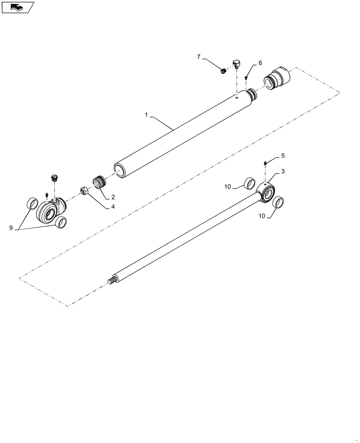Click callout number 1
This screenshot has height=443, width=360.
146,115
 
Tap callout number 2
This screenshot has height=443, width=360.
113,197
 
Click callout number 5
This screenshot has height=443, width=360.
283,156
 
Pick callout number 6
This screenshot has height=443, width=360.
260,63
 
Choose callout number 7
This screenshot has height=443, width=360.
199,57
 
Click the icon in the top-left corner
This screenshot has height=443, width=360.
17,7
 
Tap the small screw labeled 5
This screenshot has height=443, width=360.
265,163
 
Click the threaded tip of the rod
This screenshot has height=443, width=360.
112,280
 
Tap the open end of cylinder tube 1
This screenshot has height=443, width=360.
120,170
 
